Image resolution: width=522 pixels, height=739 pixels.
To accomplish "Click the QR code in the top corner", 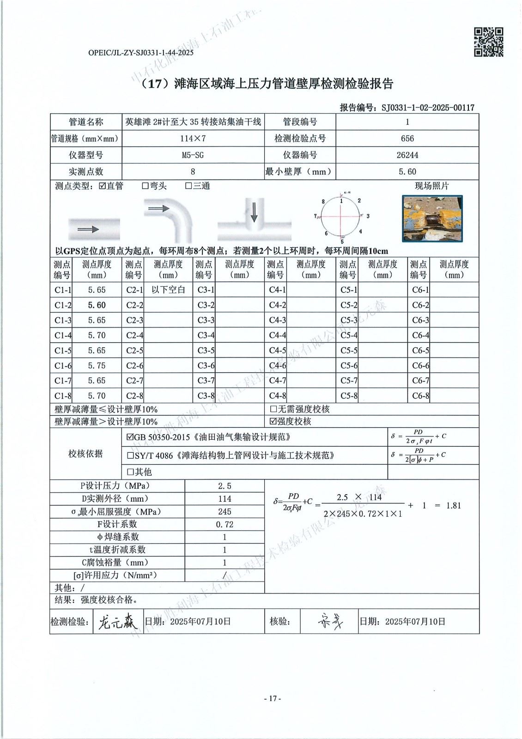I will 489,42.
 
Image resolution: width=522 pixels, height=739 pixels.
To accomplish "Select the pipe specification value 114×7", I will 193,139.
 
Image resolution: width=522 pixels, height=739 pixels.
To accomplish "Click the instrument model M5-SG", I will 193,155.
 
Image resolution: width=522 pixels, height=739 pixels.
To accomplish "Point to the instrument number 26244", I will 407,155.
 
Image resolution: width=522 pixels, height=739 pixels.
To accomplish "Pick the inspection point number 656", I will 407,139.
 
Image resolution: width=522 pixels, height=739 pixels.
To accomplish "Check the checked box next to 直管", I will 103,186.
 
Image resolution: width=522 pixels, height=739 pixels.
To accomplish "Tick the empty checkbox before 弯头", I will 145,186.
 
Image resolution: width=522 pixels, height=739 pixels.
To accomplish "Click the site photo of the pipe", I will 432,219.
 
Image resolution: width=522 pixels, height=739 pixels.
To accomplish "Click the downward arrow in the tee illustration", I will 254,212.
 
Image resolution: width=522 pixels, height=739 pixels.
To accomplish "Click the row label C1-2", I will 63,305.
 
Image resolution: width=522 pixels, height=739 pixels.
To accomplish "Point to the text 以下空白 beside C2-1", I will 168,290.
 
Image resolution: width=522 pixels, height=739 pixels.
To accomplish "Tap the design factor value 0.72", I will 225,524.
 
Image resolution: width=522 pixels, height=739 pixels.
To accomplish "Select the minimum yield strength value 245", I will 225,512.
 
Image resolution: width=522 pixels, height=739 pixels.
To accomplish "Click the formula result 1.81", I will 454,505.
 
